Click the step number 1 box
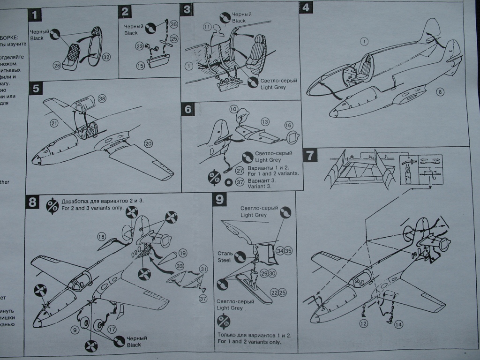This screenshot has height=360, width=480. click(x=35, y=15)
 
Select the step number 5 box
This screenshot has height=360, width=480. click(x=35, y=89)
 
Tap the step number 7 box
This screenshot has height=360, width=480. click(x=310, y=155)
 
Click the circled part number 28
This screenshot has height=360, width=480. click(x=57, y=66)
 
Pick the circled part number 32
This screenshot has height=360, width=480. click(x=106, y=57)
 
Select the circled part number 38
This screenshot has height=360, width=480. click(x=102, y=99)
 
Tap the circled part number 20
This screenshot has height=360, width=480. click(x=148, y=143)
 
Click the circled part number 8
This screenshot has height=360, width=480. click(x=440, y=92)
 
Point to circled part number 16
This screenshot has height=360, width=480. click(x=288, y=125)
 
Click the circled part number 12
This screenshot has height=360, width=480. click(x=364, y=323)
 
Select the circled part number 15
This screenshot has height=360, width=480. click(x=140, y=66)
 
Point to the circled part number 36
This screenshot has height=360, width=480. click(x=173, y=24)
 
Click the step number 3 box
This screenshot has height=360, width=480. click(x=187, y=9)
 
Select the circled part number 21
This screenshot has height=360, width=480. click(x=53, y=123)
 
